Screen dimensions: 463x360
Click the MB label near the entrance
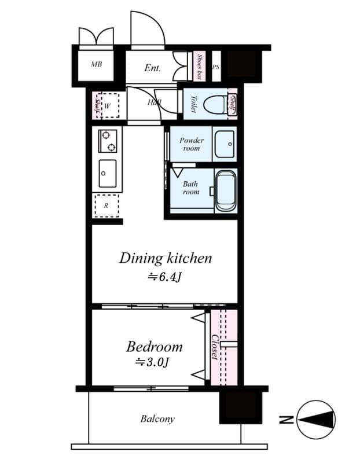pyautogui.click(x=97, y=64)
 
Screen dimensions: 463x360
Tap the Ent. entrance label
pyautogui.click(x=152, y=68)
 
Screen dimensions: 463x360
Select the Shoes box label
pyautogui.click(x=199, y=67)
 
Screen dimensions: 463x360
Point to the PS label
pyautogui.click(x=216, y=67)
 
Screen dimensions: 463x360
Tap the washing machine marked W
pyautogui.click(x=107, y=105)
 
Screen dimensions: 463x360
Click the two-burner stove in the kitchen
pyautogui.click(x=108, y=141)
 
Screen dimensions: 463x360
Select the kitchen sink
pyautogui.click(x=107, y=173)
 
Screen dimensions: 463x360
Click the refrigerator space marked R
pyautogui.click(x=106, y=205)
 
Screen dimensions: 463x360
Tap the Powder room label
pyautogui.click(x=191, y=144)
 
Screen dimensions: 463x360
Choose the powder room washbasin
pyautogui.click(x=224, y=144)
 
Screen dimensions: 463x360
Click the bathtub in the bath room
pyautogui.click(x=225, y=190)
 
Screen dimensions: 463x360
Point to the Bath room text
pyautogui.click(x=191, y=188)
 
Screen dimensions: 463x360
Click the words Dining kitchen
pyautogui.click(x=166, y=258)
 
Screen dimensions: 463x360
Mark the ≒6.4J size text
pyautogui.click(x=165, y=278)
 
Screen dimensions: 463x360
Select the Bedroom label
pyautogui.click(x=154, y=347)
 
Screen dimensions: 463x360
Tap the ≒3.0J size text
pyautogui.click(x=152, y=363)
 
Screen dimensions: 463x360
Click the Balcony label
pyautogui.click(x=157, y=419)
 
